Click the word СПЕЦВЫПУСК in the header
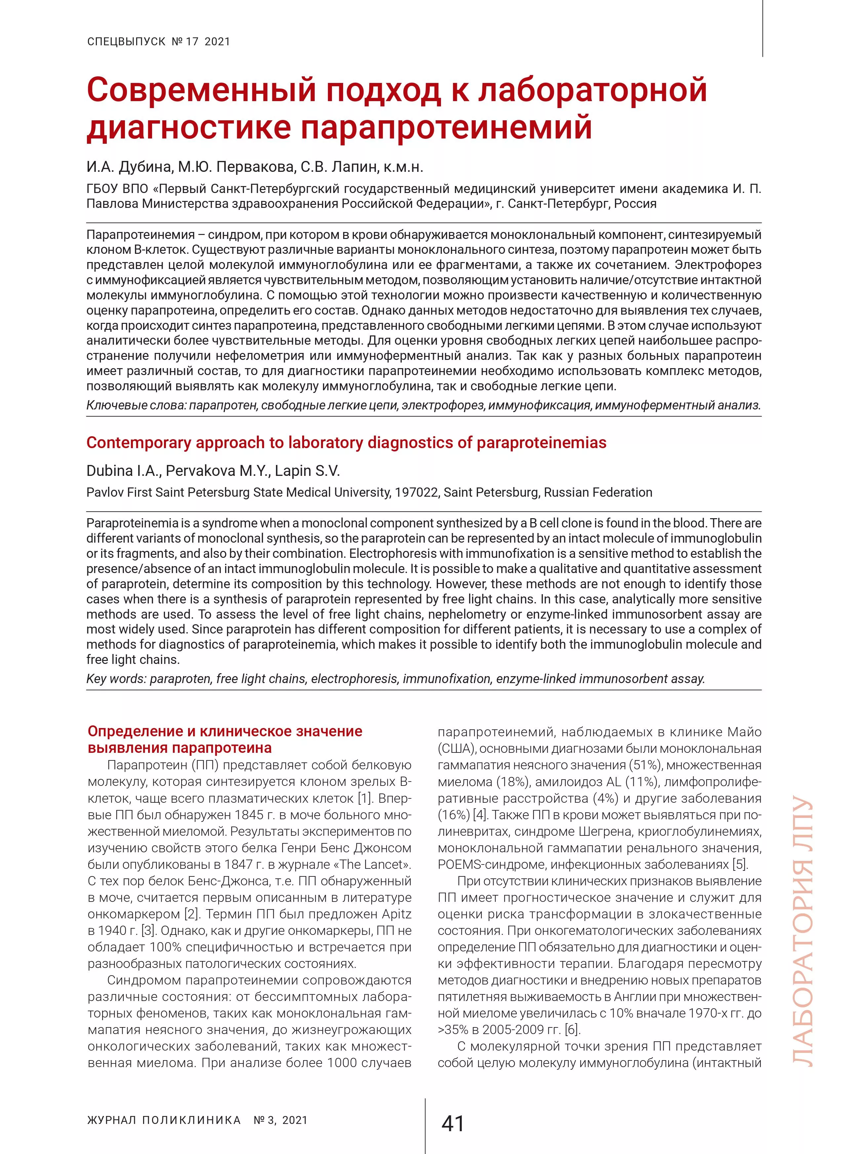[x=126, y=42]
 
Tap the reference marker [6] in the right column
[x=572, y=1030]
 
